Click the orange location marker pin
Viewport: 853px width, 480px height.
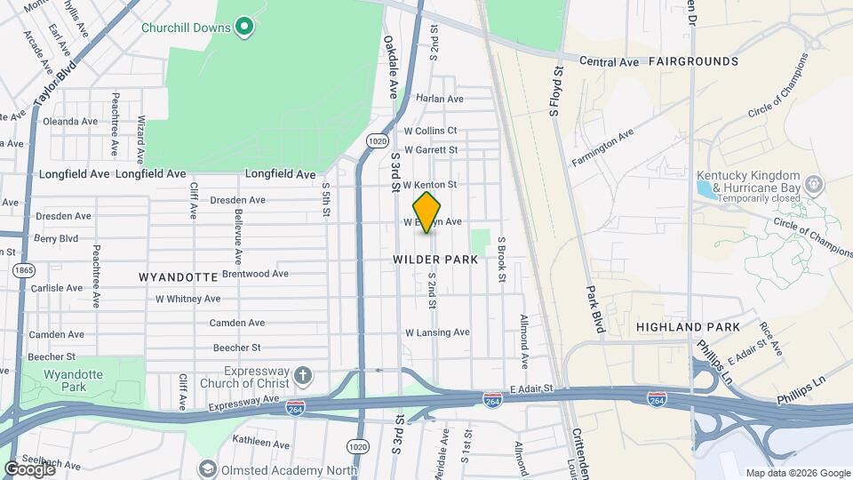pos(427,212)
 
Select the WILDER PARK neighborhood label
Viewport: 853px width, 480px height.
pos(435,260)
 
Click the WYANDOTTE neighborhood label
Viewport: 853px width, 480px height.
pos(179,277)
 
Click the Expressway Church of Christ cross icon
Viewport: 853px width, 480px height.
pos(304,374)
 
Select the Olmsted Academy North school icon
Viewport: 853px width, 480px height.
pos(207,468)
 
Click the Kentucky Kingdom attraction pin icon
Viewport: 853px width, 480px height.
pos(812,184)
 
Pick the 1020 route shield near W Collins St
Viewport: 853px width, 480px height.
pos(377,140)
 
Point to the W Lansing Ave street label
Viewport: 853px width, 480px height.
pos(437,332)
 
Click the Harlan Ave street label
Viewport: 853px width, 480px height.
pos(440,99)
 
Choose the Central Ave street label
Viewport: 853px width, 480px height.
pos(610,62)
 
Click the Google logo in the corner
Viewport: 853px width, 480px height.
pos(29,468)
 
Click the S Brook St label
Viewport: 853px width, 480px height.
pos(501,260)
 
